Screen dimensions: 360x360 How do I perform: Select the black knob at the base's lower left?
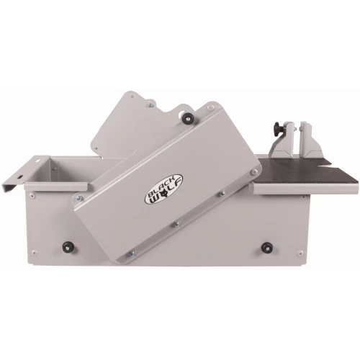68,247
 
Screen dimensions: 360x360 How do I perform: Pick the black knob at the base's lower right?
267,247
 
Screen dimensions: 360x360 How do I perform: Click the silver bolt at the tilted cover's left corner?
79,198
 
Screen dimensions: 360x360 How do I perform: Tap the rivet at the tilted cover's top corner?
210,107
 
